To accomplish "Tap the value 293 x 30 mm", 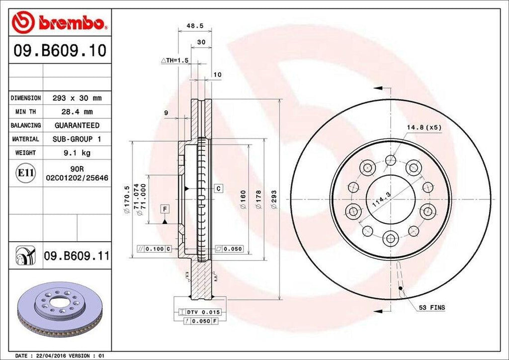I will click(77, 98).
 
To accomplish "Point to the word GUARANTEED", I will click(77, 125).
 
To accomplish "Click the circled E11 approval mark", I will click(25, 173).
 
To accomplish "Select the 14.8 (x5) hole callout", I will click(424, 128).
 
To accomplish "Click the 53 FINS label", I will click(432, 308).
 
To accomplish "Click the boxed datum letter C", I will click(218, 188).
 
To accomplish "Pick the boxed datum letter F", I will click(164, 209).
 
